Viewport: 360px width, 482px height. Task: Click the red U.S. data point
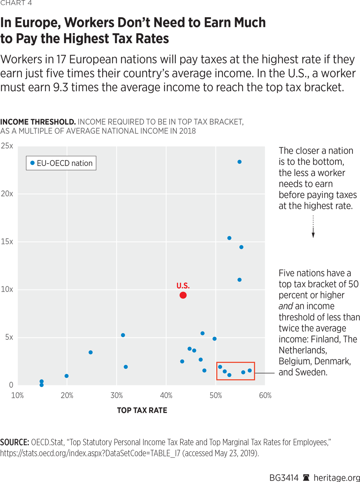click(183, 295)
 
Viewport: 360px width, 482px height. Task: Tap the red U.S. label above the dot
click(183, 286)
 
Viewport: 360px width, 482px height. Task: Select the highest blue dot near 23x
click(239, 162)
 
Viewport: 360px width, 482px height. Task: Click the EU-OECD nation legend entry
click(61, 163)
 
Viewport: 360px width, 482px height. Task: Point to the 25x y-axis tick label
click(7, 146)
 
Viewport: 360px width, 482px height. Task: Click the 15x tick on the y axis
click(7, 242)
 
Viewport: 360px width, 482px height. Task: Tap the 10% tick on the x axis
click(17, 396)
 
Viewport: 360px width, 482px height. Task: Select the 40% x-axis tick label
click(166, 396)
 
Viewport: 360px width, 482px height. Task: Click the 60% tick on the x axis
click(265, 396)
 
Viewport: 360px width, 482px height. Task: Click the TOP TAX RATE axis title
click(142, 410)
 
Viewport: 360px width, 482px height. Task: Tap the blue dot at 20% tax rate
click(67, 376)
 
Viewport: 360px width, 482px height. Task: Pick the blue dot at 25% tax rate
click(90, 352)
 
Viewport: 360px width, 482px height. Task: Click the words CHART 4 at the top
click(16, 3)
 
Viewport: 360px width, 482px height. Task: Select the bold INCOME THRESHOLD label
click(38, 122)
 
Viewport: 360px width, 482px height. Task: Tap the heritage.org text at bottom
click(337, 478)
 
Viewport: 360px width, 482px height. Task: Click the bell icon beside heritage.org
click(306, 478)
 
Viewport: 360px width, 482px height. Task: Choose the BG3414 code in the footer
click(284, 478)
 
